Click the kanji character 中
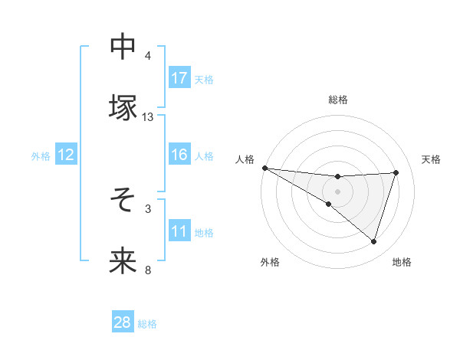[123, 47]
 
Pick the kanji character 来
[123, 260]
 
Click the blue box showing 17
[179, 78]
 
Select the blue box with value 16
[179, 155]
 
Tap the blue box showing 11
[179, 231]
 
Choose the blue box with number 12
[65, 155]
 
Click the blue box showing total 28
[123, 322]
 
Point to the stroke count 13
[148, 117]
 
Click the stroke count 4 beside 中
[148, 56]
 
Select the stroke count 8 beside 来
[148, 270]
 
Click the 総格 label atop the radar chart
[338, 100]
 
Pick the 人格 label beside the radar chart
[245, 159]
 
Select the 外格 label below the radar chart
[270, 263]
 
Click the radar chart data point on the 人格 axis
[264, 168]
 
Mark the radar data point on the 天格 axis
[396, 172]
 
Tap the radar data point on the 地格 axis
[374, 241]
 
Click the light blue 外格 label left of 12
[41, 155]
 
